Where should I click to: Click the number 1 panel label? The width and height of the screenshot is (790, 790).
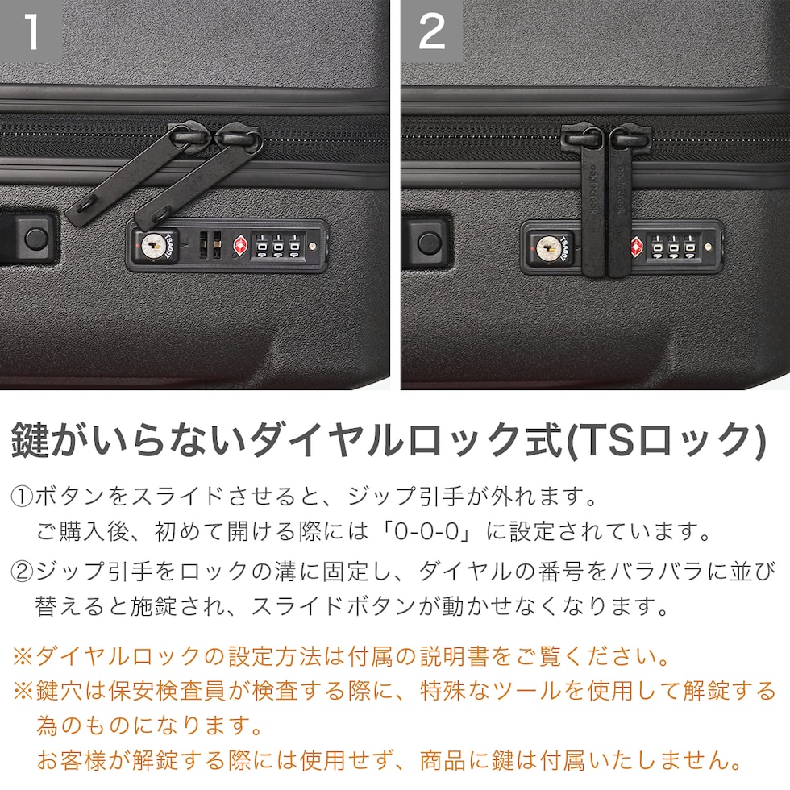[x=31, y=31]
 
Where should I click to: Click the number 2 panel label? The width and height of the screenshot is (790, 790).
[x=432, y=31]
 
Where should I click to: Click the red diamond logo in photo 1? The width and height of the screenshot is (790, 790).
[x=241, y=246]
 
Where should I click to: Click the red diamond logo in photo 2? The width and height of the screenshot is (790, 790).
[x=637, y=247]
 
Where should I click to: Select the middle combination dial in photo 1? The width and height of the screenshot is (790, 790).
[x=277, y=246]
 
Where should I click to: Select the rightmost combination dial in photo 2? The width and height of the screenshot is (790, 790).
[x=690, y=247]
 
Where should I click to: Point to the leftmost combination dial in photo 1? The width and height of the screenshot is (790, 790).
[x=262, y=246]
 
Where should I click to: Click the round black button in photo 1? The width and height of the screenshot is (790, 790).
[x=36, y=237]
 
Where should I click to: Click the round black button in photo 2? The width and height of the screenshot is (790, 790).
[x=429, y=243]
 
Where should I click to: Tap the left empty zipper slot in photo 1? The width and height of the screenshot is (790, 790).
[x=203, y=245]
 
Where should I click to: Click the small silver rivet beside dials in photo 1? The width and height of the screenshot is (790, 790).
[x=313, y=247]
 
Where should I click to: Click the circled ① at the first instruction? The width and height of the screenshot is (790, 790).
[x=22, y=497]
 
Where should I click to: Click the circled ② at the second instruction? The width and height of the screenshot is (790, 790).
[x=22, y=572]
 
